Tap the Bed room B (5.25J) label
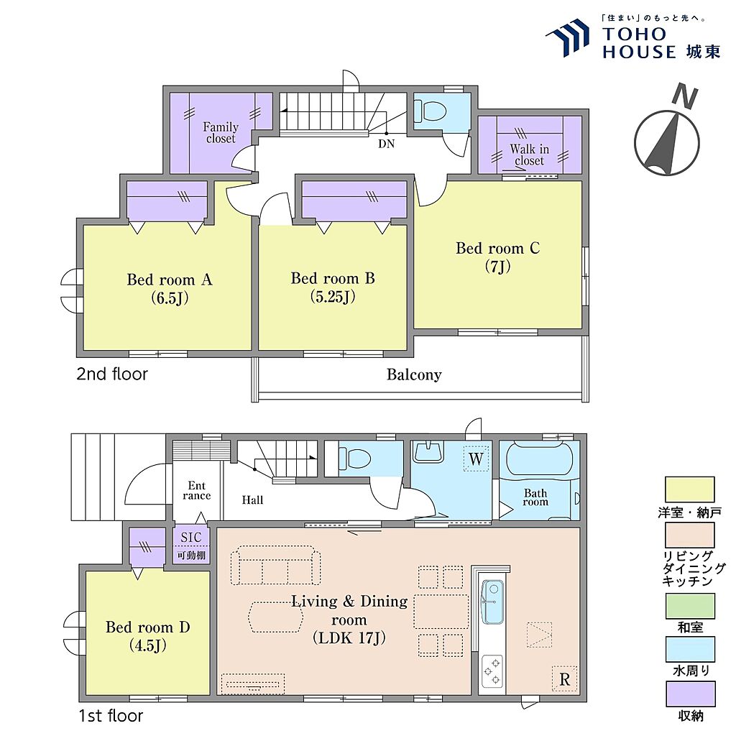[x=333, y=287]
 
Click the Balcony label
[x=414, y=374]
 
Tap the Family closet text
[x=221, y=133]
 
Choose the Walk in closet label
[x=530, y=155]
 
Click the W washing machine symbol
[x=476, y=458]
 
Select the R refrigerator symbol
[x=565, y=678]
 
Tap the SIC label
[x=191, y=538]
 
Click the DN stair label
[x=386, y=144]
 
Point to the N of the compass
[x=685, y=96]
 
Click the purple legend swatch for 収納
[x=691, y=694]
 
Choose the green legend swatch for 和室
[x=691, y=606]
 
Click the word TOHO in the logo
[x=635, y=34]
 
